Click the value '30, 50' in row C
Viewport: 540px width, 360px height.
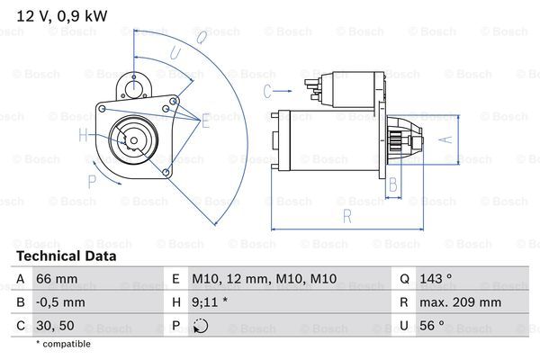[55, 326]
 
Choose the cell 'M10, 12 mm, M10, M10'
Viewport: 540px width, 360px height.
[264, 281]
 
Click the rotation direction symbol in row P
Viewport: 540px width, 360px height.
[200, 327]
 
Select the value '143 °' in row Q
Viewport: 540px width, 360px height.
[436, 281]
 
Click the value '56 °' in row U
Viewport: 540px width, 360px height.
[432, 326]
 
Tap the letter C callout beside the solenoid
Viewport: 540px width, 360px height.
[268, 90]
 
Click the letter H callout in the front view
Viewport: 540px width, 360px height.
[83, 136]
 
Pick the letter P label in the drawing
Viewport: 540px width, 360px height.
[91, 180]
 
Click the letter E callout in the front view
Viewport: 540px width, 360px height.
[205, 120]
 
